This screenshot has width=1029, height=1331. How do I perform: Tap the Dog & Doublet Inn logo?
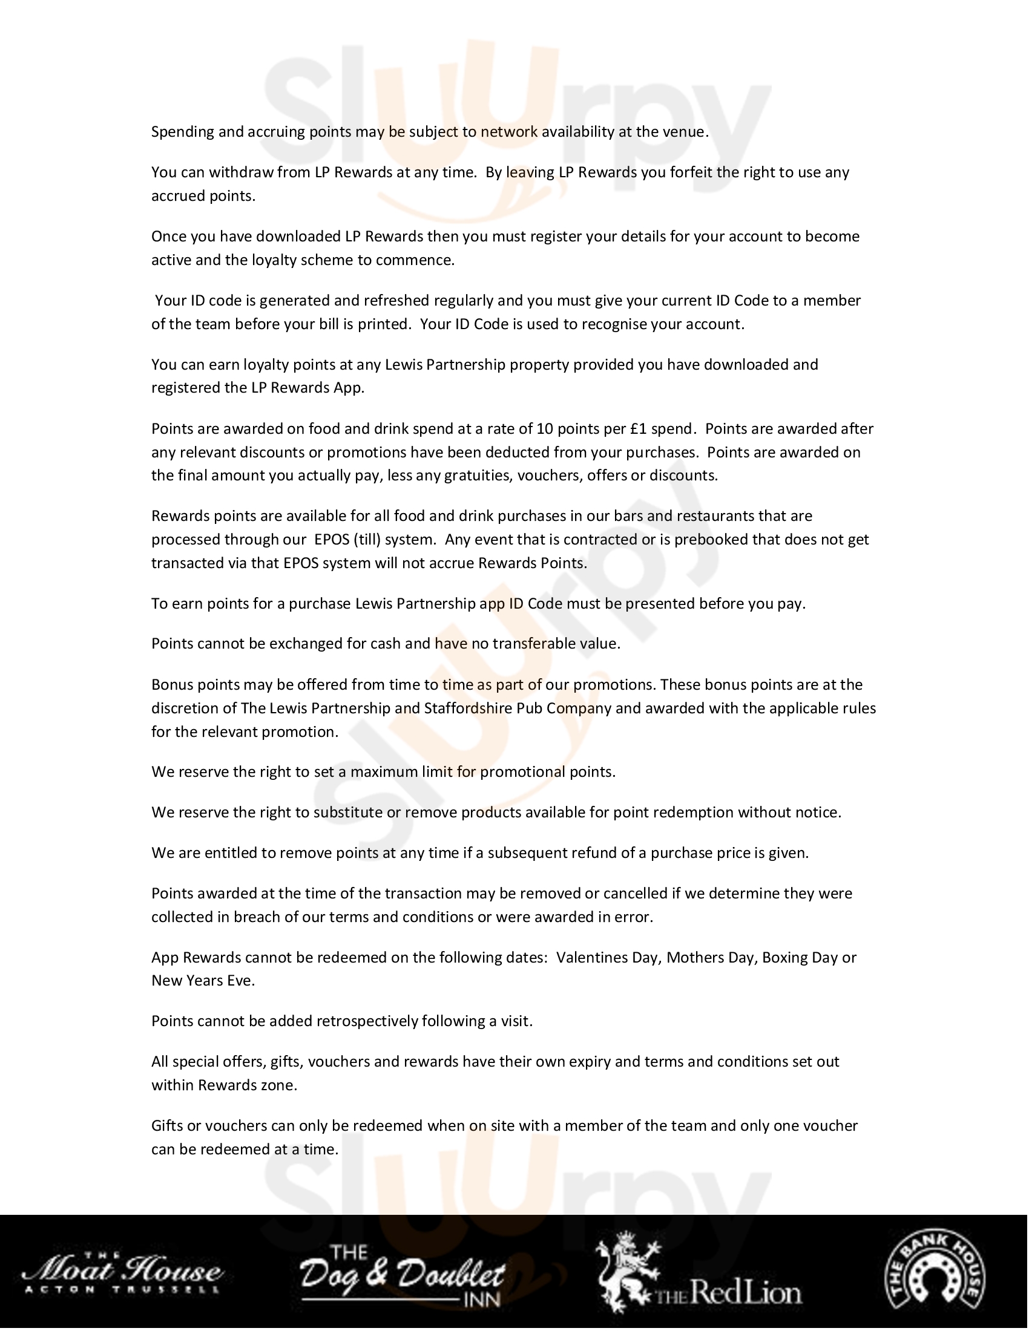(x=403, y=1275)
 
